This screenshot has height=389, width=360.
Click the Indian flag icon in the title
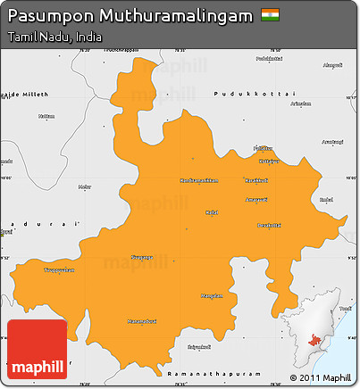[269, 15]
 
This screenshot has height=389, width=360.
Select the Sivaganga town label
[142, 257]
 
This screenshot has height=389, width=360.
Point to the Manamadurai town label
[141, 321]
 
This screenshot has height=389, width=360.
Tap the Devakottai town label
[269, 225]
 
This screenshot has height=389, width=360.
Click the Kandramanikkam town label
[199, 180]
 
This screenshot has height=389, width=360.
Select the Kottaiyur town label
[269, 161]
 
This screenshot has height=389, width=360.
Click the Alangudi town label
[332, 65]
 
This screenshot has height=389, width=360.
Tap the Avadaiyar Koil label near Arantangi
[332, 142]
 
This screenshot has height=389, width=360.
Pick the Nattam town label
[46, 115]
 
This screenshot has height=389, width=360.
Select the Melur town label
[85, 186]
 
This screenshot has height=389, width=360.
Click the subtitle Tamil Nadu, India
[53, 38]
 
